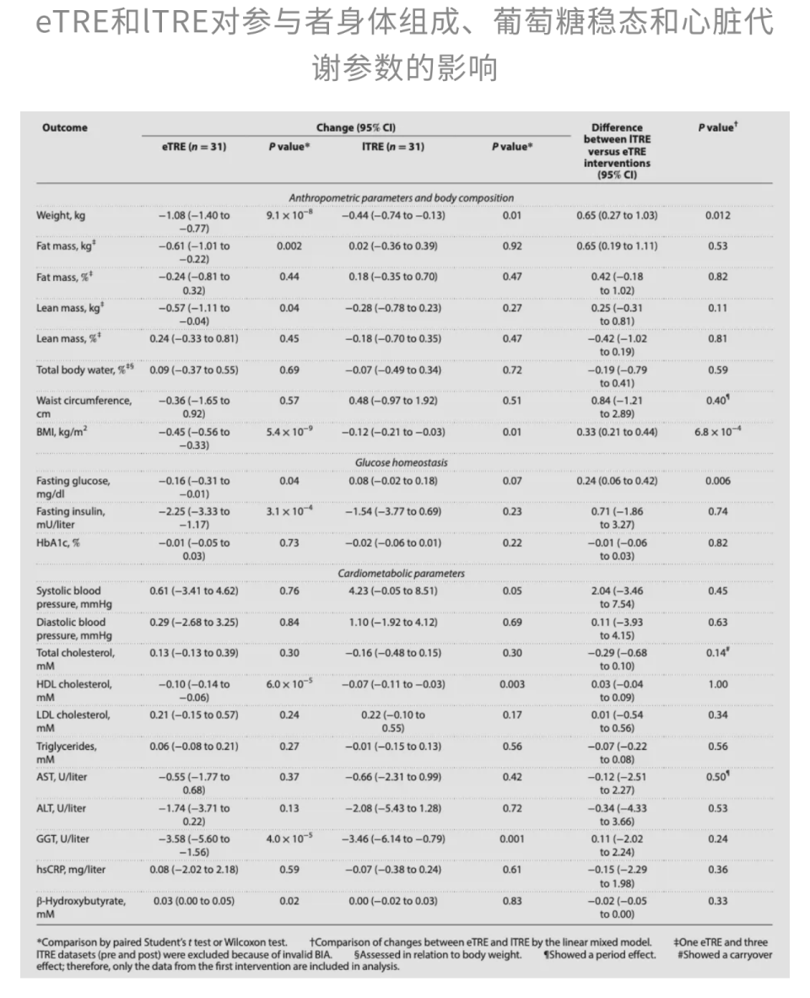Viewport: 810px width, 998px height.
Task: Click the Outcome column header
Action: pos(64,128)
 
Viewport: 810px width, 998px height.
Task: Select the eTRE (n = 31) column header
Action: pos(194,147)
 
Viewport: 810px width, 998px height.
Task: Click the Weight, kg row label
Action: pos(60,215)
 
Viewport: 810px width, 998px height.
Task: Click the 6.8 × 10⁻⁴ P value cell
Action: pos(717,432)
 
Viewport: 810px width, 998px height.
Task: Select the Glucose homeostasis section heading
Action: pos(401,462)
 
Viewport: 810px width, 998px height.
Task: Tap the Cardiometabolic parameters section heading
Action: pos(401,574)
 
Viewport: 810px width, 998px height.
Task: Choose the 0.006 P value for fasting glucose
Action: pos(717,481)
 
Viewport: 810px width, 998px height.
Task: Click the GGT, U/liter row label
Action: pos(62,839)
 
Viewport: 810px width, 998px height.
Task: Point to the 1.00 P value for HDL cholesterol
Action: pos(717,684)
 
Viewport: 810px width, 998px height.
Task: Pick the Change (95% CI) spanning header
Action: pos(355,128)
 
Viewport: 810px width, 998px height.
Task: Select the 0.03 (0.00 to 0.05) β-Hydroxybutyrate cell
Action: pos(194,900)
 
